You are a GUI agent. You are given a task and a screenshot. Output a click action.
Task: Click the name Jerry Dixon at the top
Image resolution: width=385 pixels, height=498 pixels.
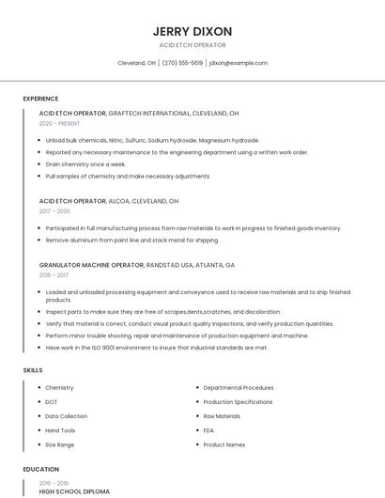[192, 31]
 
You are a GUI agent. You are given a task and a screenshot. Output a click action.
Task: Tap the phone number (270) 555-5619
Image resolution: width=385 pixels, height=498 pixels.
[182, 63]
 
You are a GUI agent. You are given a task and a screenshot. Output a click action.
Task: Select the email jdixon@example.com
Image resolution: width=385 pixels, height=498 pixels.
[239, 63]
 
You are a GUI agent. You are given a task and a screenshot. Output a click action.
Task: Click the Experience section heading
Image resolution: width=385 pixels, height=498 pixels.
[40, 99]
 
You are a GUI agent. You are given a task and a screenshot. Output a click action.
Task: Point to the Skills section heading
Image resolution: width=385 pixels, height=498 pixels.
[33, 370]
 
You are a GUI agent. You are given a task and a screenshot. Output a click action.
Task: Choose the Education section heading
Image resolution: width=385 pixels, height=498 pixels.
[40, 469]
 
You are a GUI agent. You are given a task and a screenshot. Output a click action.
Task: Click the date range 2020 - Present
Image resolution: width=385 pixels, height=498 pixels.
[59, 123]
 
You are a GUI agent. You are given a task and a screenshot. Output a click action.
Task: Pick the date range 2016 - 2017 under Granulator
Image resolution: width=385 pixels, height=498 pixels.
[54, 275]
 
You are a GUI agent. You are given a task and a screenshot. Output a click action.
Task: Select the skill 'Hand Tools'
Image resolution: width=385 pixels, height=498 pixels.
[60, 429]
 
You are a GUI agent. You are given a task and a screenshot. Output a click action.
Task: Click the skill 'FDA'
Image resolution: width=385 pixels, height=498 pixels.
[209, 429]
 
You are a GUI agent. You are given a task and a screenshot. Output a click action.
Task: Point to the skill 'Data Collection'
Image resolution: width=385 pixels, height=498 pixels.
[66, 415]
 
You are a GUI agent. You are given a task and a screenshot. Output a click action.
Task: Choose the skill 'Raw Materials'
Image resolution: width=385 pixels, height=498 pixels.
[222, 415]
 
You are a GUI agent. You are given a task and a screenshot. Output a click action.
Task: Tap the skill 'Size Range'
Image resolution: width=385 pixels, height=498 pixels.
[59, 444]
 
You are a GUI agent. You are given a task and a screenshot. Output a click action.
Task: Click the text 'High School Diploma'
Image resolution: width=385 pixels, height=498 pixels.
[74, 491]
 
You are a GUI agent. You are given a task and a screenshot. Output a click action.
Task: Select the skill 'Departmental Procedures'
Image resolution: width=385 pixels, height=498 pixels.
[239, 387]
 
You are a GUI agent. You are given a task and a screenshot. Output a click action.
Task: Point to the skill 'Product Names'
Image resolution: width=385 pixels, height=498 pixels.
[224, 444]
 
